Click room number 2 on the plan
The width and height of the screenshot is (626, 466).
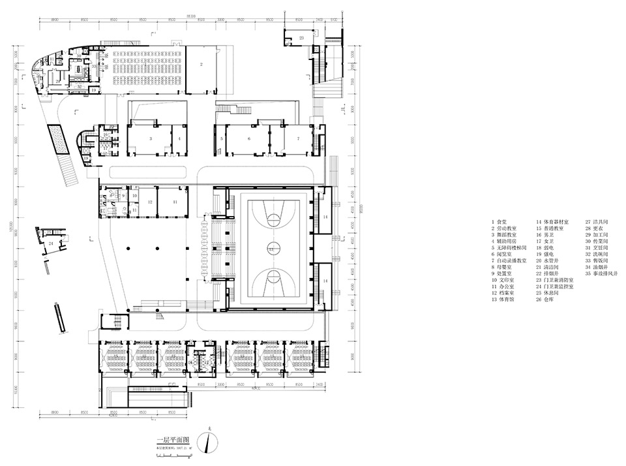point(201,64)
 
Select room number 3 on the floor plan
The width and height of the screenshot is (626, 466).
point(151,139)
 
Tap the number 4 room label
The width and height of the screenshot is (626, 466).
point(179,139)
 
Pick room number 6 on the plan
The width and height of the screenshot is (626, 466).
point(249,139)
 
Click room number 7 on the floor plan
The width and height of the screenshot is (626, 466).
point(298,139)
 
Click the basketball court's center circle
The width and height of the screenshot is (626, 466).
point(270,249)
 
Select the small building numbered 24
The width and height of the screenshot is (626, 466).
point(50,243)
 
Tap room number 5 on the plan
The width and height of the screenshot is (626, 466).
point(222,139)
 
